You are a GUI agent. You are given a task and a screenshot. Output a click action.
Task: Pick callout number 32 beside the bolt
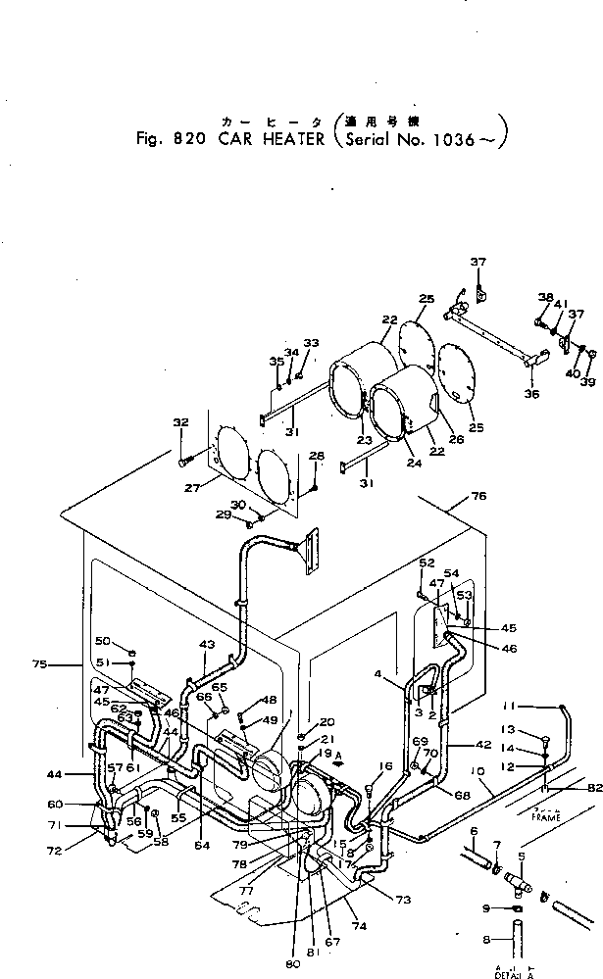click(180, 423)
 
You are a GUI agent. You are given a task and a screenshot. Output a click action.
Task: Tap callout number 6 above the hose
click(475, 831)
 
